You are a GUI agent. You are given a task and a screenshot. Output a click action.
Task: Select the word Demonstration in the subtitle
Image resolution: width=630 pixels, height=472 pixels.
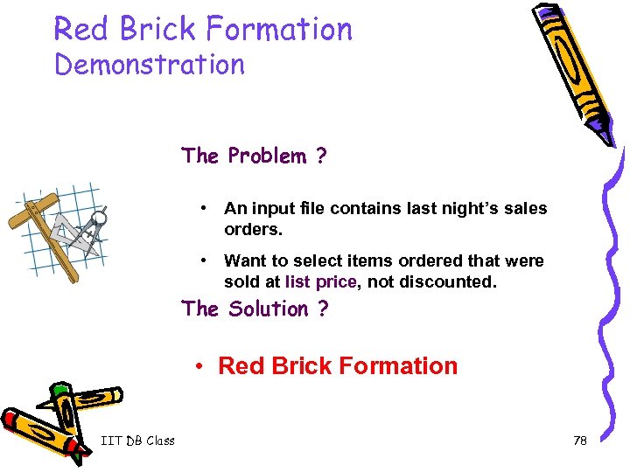click(150, 65)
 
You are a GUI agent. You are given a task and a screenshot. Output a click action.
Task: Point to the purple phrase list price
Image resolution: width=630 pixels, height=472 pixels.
click(321, 282)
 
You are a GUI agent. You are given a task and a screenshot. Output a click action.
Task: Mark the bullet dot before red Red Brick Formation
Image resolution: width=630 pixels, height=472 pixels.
click(199, 365)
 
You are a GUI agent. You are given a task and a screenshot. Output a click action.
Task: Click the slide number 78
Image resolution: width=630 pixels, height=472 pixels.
click(579, 441)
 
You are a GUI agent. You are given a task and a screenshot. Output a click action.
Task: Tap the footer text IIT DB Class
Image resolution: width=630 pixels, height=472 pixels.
click(137, 441)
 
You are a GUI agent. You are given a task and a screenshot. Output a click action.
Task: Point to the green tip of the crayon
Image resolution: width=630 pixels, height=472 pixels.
click(59, 389)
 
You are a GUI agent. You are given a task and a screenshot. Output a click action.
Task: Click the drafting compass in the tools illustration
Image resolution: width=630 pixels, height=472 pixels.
click(94, 226)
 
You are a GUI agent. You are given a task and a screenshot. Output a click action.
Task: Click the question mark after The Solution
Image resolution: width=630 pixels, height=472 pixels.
click(323, 309)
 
